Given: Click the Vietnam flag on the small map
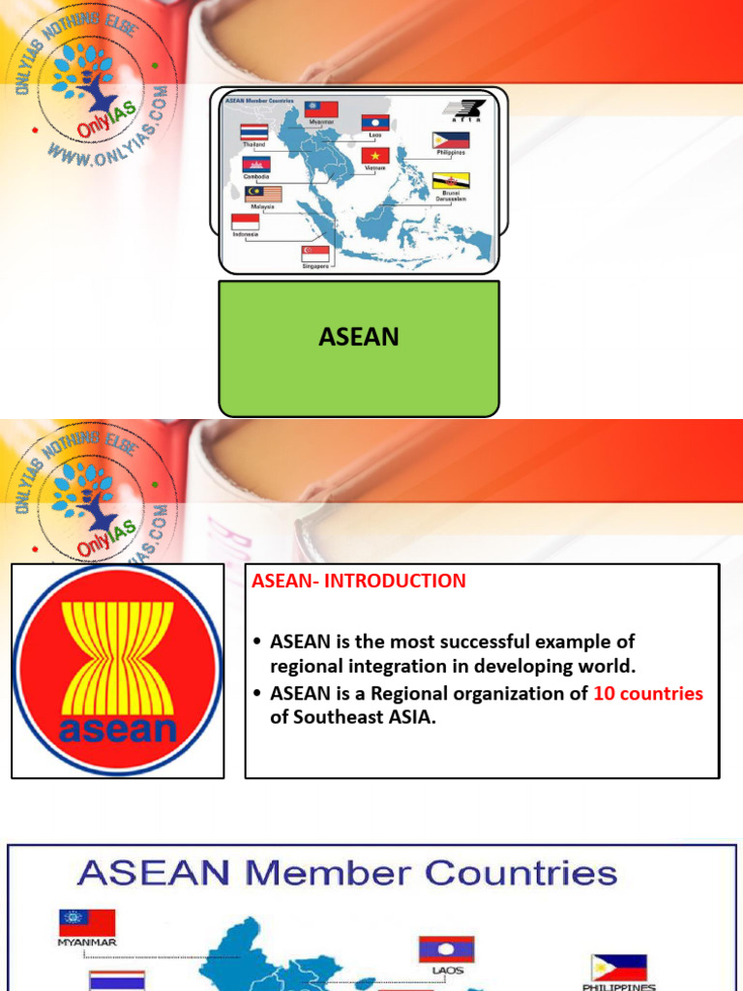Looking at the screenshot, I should [375, 155].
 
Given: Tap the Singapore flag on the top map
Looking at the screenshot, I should [315, 253].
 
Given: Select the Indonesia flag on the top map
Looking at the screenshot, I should [245, 222].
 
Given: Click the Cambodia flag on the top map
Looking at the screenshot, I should [256, 165].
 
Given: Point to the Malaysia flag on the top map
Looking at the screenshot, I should [262, 194].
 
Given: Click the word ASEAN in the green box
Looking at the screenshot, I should [359, 337].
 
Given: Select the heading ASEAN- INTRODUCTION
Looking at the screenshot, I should [359, 581].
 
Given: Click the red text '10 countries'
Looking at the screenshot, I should [648, 694].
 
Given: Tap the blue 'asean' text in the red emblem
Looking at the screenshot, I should [118, 729].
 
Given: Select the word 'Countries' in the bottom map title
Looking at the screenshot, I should [520, 873].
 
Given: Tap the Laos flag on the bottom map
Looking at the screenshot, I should [446, 948].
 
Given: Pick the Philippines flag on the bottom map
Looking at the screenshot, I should [618, 967].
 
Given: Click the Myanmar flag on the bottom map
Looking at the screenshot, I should [87, 922].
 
